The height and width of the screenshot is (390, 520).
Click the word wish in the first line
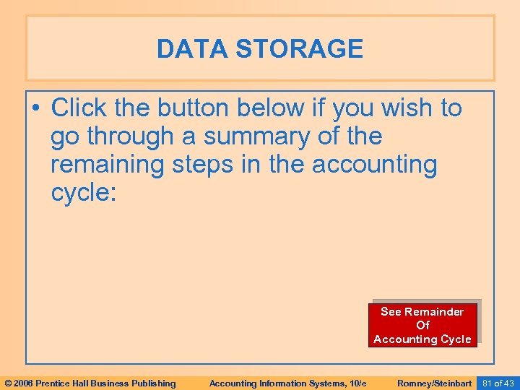386,108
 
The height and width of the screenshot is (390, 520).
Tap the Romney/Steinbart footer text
434,383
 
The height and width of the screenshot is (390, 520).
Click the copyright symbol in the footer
8,383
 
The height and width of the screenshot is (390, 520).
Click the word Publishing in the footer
151,383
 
